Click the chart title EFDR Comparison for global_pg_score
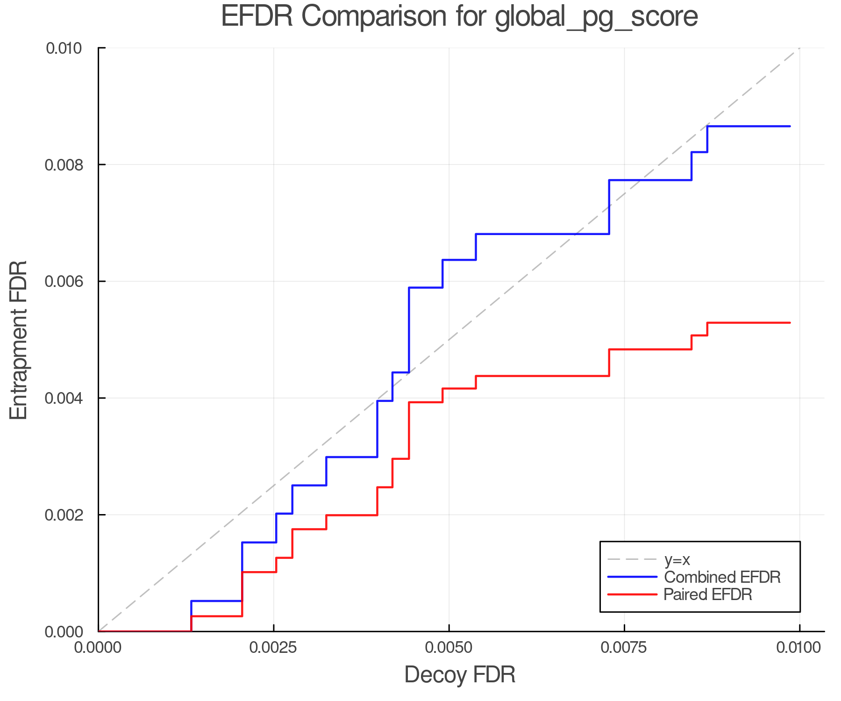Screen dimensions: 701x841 click(459, 16)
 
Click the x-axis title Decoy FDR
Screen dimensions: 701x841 click(460, 675)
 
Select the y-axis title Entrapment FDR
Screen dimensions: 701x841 click(19, 340)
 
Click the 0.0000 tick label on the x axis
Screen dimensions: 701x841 click(98, 648)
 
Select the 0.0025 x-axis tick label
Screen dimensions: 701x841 click(274, 648)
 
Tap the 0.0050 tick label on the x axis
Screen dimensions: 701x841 click(449, 648)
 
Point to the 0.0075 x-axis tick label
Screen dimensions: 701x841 click(624, 648)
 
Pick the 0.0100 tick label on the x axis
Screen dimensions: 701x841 click(799, 648)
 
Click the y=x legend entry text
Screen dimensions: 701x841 click(677, 559)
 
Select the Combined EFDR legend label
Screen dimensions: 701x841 click(722, 577)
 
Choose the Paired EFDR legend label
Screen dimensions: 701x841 click(708, 594)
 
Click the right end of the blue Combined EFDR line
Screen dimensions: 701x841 click(790, 126)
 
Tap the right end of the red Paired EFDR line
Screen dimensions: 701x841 click(790, 323)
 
